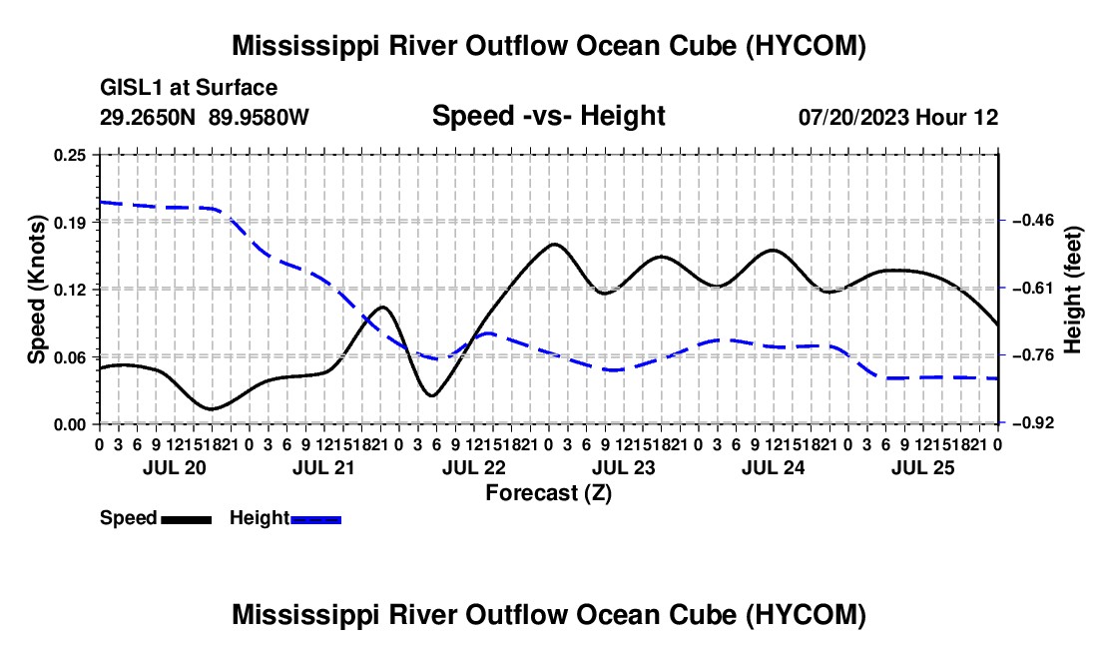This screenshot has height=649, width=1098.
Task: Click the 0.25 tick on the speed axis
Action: (69, 155)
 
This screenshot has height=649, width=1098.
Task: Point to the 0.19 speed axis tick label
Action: (69, 223)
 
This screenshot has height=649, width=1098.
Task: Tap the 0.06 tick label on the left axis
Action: (69, 357)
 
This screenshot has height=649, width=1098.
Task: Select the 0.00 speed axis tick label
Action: (69, 424)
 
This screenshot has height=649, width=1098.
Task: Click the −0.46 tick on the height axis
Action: (1032, 221)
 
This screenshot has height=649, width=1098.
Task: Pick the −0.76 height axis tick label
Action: (1032, 355)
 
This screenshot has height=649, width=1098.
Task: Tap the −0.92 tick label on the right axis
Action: (1032, 423)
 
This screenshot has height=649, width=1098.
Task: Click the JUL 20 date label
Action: (175, 467)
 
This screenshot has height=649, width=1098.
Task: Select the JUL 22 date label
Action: (474, 467)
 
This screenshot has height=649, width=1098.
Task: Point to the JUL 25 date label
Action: (923, 467)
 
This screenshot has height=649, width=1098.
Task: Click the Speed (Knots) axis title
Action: (36, 290)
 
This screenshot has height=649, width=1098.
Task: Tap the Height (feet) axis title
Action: (1072, 290)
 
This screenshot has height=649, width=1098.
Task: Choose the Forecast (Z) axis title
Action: (548, 493)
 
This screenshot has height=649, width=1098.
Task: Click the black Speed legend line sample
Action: (187, 519)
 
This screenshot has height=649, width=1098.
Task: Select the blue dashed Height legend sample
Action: (315, 519)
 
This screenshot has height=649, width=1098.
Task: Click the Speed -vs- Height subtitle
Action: (548, 116)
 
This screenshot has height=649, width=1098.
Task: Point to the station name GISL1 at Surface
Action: (189, 88)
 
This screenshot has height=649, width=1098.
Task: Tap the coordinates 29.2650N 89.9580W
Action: (204, 117)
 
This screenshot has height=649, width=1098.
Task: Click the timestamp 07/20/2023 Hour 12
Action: (898, 117)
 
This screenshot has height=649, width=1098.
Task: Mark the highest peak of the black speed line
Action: (554, 244)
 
